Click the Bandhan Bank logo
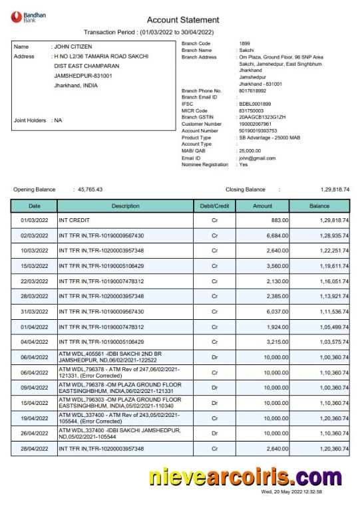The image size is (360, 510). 25,17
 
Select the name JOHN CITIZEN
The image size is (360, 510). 73,47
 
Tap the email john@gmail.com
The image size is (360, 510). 258,158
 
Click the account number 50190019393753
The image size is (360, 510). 259,131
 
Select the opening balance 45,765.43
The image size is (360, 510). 90,190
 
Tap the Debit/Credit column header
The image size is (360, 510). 214,207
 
